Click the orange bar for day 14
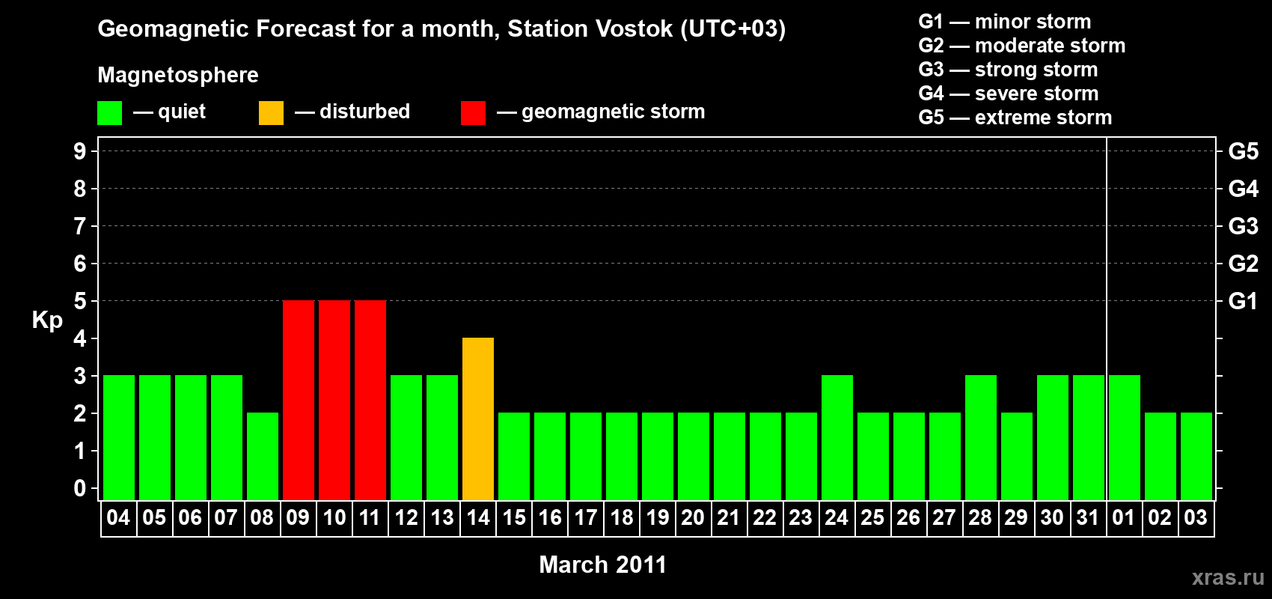click(478, 419)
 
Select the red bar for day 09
click(299, 400)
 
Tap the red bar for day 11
click(370, 400)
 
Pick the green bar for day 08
click(263, 456)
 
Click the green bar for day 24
click(837, 437)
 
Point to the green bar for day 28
click(981, 437)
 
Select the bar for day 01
click(1125, 437)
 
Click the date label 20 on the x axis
click(693, 517)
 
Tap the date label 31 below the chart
click(1087, 517)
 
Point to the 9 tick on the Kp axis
click(80, 151)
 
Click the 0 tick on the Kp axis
click(80, 488)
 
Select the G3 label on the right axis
click(1243, 226)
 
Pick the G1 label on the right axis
click(1243, 301)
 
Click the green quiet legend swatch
click(109, 112)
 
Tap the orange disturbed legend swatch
click(271, 112)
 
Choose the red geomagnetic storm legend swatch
click(474, 112)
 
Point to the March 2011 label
click(602, 565)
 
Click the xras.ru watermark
click(1228, 578)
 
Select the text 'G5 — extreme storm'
click(1015, 118)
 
